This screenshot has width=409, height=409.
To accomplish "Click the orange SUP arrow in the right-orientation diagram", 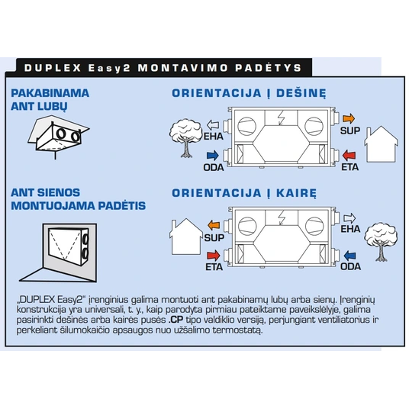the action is [349, 119].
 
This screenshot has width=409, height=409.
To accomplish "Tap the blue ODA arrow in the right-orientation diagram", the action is [213, 156].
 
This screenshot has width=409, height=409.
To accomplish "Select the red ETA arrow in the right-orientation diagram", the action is [349, 155].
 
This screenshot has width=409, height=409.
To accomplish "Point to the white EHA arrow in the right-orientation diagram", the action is [213, 124].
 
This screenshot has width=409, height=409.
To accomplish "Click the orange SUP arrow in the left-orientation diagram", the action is [214, 225].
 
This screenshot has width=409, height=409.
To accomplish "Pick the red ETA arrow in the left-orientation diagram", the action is [214, 256].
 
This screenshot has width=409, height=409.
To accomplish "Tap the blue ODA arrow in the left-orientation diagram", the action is [349, 256].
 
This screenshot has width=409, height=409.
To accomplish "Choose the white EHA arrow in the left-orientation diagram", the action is [349, 218].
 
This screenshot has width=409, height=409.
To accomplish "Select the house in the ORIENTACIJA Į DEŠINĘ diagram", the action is [381, 144].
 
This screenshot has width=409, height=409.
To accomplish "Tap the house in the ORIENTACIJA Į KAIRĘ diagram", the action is [186, 237].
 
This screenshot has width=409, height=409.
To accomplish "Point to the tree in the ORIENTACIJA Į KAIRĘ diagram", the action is [381, 242].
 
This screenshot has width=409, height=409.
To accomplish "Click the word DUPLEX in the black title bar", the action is [53, 68].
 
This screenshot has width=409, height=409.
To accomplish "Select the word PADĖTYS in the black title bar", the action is [269, 68].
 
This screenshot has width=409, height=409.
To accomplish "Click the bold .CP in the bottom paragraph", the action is [176, 320].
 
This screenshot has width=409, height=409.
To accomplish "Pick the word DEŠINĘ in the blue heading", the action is [301, 93].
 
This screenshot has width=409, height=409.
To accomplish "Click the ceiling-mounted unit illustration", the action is [59, 136].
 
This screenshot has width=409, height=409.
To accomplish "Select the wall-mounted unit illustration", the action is [58, 253].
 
